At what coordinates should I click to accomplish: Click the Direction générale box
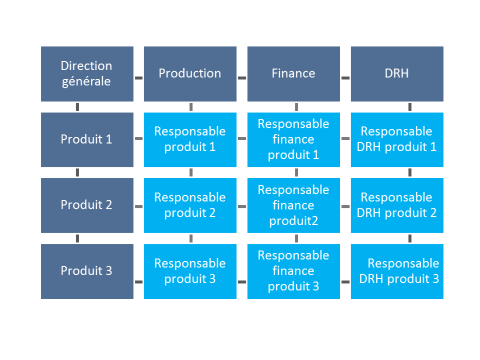(87, 74)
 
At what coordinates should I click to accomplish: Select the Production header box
(190, 74)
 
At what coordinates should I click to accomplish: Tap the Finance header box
(293, 74)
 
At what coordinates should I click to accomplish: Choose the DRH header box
(397, 74)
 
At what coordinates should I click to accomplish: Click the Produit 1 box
(87, 140)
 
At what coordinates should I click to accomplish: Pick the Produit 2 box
(87, 205)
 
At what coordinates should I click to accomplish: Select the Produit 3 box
(87, 271)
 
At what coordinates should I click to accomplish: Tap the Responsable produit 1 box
(190, 140)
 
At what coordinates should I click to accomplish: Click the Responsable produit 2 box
(190, 205)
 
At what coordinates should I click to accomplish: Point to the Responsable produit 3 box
(190, 271)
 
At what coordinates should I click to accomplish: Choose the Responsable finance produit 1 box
(293, 140)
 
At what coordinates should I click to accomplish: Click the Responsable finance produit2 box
(293, 205)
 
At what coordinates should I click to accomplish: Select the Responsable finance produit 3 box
(293, 271)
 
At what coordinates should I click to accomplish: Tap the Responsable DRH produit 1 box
(397, 140)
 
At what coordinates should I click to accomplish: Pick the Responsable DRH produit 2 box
(397, 205)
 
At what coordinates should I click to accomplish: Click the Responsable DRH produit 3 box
(397, 271)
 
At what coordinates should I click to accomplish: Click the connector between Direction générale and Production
(139, 78)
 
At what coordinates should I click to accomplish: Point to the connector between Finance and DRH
(346, 78)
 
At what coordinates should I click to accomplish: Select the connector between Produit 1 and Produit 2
(78, 172)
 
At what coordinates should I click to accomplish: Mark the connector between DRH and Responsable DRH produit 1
(410, 107)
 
